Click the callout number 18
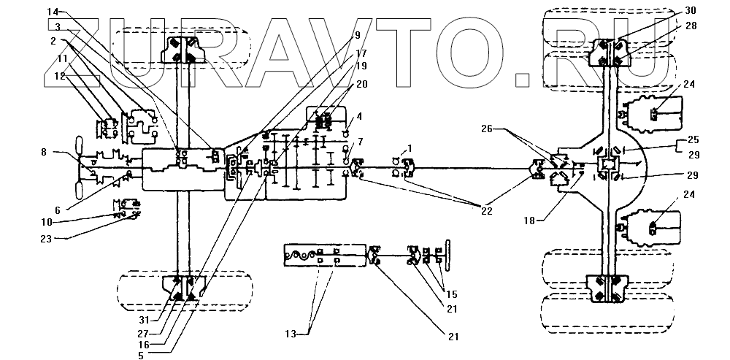[x=530, y=218]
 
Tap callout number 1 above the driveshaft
[x=410, y=148]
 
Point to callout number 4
[x=359, y=115]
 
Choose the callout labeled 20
[x=362, y=83]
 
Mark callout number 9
[x=357, y=34]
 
